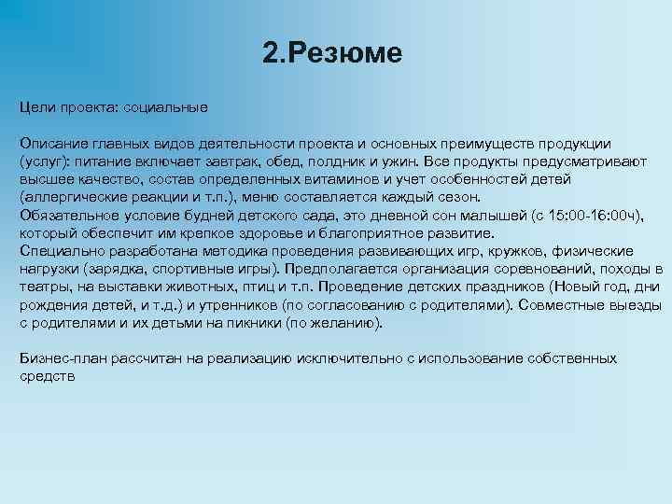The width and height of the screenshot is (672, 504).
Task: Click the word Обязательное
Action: click(65, 215)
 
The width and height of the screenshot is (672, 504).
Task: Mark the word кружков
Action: click(502, 251)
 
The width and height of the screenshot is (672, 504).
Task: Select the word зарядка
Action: click(109, 269)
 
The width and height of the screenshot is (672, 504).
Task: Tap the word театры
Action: click(42, 287)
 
